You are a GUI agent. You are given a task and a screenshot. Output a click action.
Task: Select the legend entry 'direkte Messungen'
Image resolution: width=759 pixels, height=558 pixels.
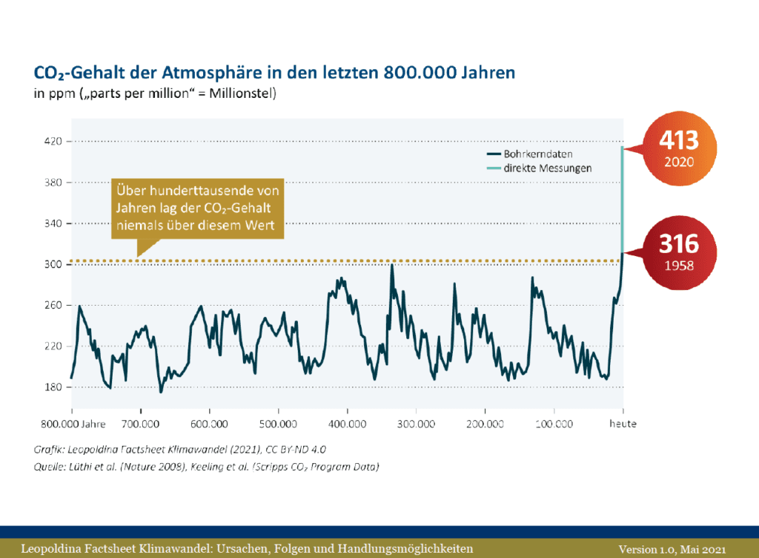[548, 168]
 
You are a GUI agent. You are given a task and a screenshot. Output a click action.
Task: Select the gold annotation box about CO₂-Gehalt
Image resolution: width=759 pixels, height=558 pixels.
[198, 209]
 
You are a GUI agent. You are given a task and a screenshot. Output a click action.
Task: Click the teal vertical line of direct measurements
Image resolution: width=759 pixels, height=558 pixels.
[623, 200]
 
